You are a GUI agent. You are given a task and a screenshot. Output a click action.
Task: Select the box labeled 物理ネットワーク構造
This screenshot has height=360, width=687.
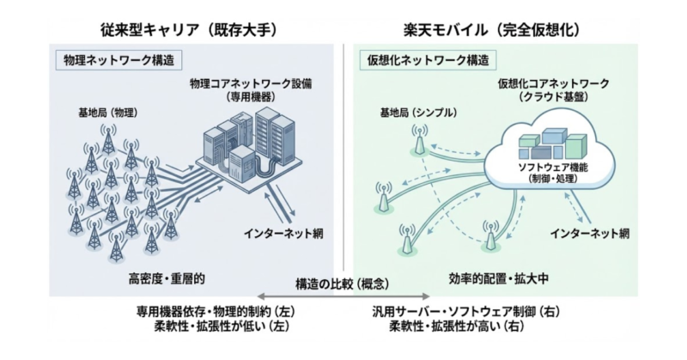[118, 61]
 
